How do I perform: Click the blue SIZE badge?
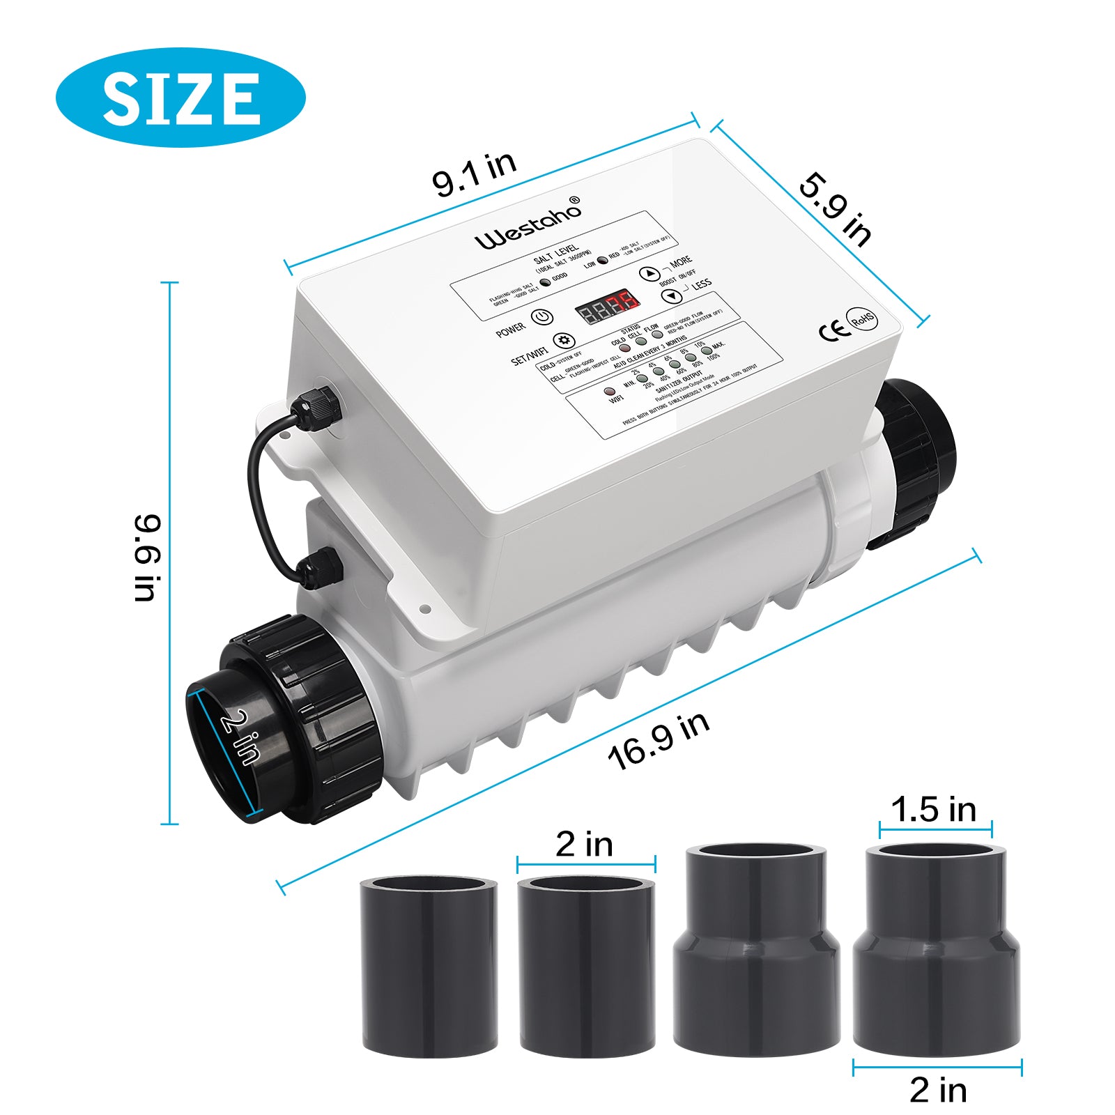pos(180,98)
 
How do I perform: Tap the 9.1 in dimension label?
pos(474,174)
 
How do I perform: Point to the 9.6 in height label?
pos(148,557)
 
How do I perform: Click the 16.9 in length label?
pos(659,741)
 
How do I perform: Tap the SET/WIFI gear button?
pos(563,341)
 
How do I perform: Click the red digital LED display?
pos(607,307)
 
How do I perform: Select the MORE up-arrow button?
pos(649,274)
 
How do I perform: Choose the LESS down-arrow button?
pos(671,295)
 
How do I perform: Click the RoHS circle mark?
pos(863,319)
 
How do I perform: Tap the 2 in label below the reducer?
pos(938,1090)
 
